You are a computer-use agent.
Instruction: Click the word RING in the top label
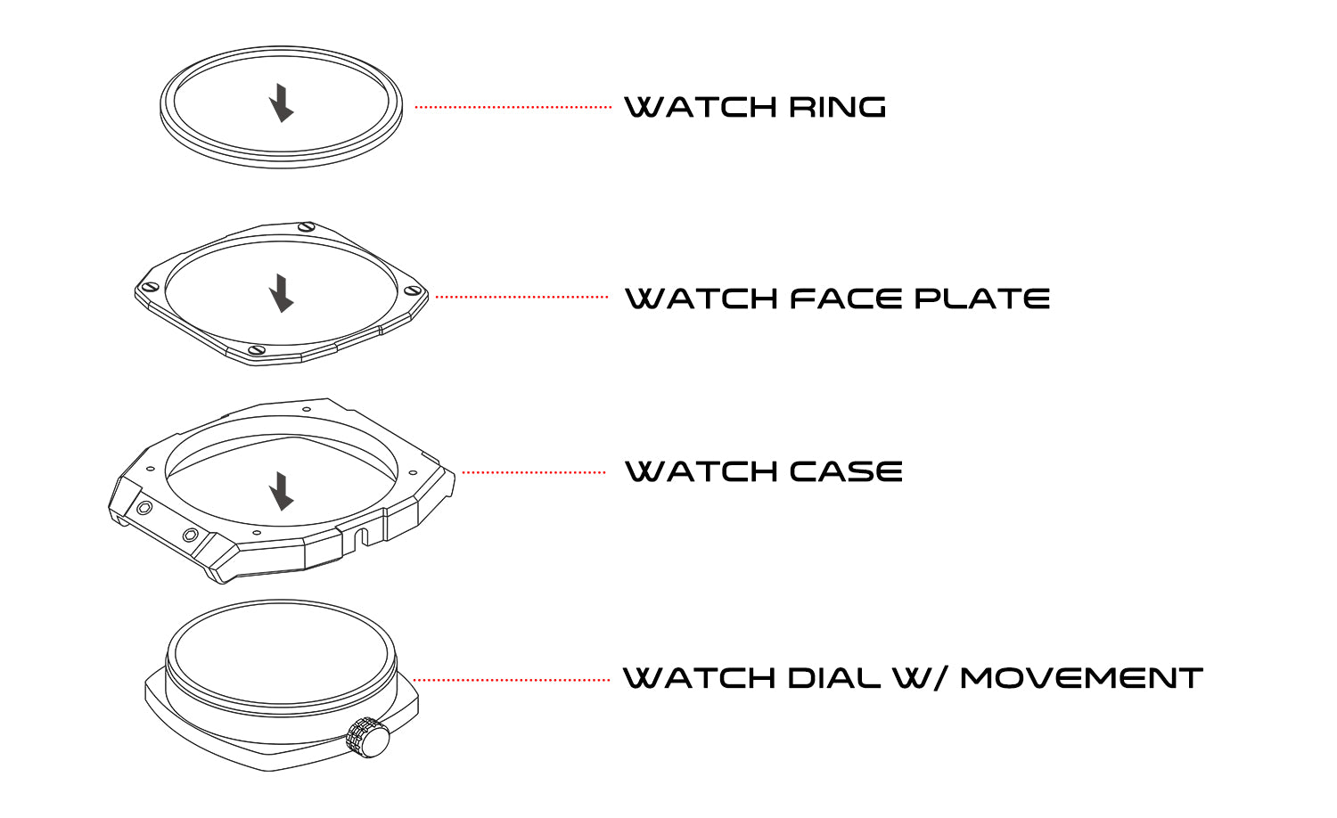(x=837, y=108)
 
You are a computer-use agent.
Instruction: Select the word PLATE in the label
(x=982, y=299)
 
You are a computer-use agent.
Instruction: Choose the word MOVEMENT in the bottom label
(x=1081, y=678)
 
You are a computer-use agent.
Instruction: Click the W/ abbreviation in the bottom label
(x=920, y=678)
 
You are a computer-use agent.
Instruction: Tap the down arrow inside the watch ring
(x=282, y=103)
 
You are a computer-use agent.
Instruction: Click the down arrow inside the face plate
(x=282, y=293)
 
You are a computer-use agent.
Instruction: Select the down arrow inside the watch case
(x=282, y=491)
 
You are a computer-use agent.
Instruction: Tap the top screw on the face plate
(x=307, y=226)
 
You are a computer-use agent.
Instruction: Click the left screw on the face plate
(x=151, y=287)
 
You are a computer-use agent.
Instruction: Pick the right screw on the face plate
(x=413, y=290)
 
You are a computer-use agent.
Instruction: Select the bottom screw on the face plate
(x=257, y=350)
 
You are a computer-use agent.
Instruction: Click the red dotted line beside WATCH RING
(x=513, y=107)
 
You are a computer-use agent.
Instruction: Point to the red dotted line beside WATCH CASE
(x=533, y=472)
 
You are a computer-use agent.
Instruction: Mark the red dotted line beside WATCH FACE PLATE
(x=521, y=297)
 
